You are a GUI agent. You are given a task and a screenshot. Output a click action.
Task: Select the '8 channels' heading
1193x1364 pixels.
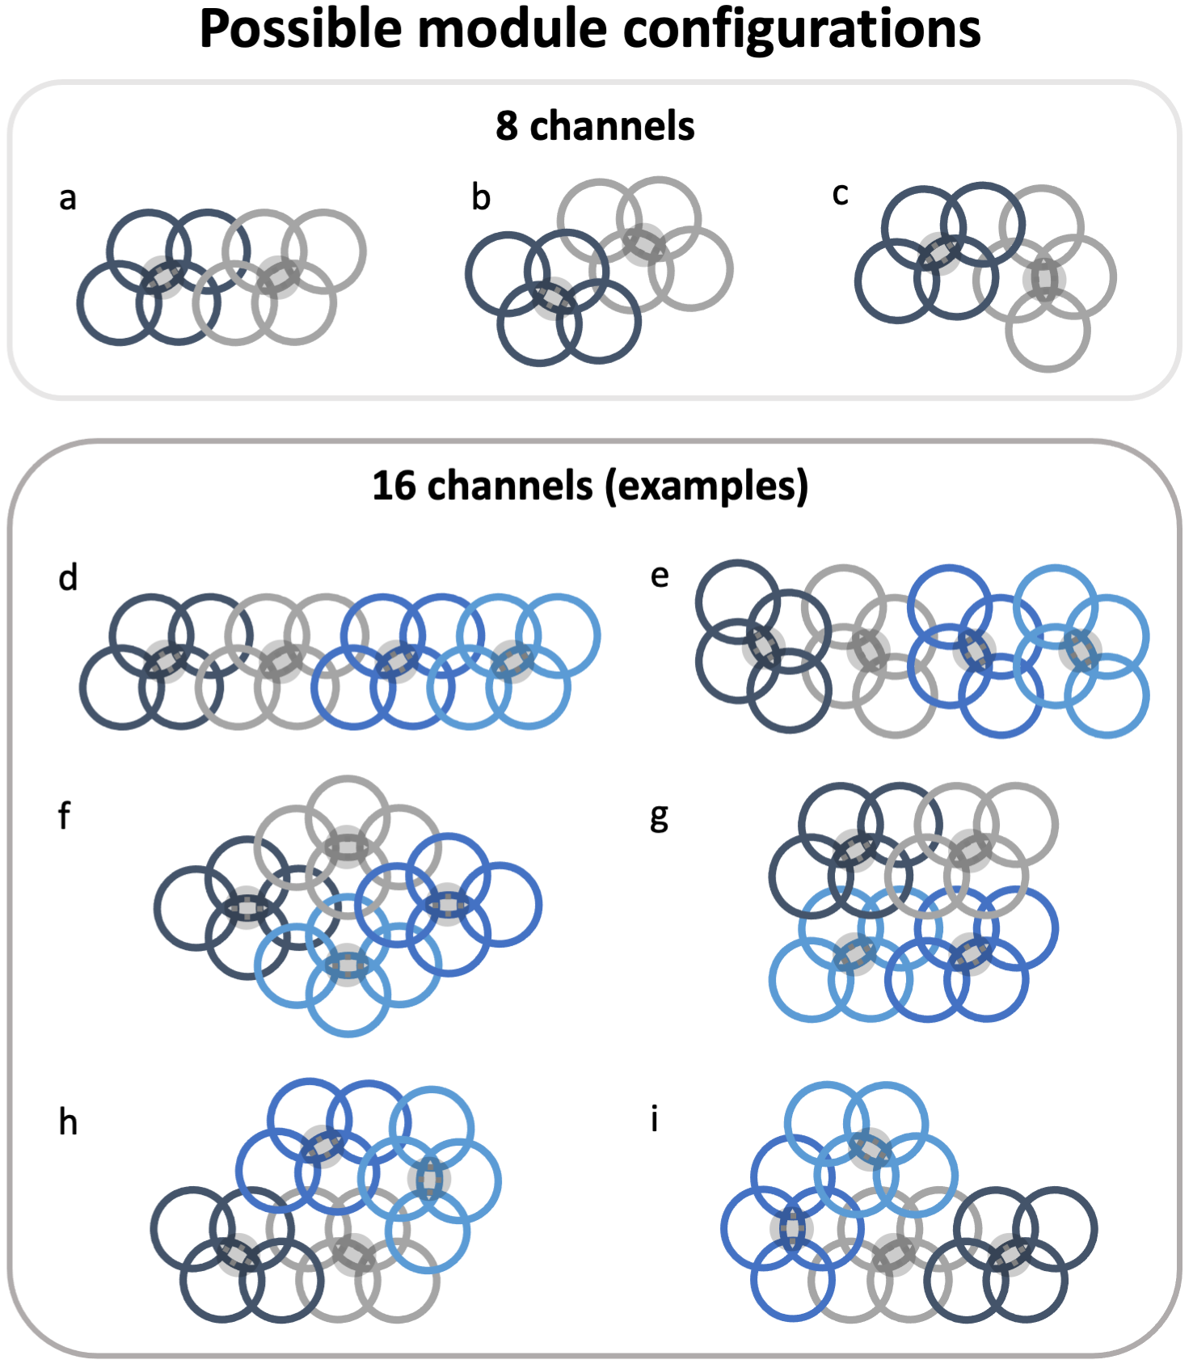[595, 126]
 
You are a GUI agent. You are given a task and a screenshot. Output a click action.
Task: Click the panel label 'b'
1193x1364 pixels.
[481, 198]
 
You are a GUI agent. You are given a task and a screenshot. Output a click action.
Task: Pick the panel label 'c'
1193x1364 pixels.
[841, 195]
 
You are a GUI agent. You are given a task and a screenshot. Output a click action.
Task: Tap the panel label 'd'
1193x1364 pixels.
[68, 579]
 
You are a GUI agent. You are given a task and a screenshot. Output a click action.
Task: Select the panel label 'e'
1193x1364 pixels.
[660, 576]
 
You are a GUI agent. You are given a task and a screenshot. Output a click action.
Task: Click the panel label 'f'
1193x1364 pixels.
[65, 815]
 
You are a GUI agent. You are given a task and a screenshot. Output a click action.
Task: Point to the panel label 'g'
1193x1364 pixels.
[660, 817]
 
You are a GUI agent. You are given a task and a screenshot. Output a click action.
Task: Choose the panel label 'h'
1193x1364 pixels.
[68, 1122]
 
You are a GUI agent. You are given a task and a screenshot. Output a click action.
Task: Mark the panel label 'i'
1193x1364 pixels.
[654, 1120]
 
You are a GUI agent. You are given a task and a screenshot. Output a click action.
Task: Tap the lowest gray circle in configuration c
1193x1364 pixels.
[1048, 331]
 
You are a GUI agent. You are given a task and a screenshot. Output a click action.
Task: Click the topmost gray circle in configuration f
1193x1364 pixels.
[348, 817]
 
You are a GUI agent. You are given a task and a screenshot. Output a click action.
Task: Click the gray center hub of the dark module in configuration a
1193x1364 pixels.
[163, 277]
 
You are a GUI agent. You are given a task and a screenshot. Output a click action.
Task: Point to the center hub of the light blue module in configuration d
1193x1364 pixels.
[512, 661]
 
